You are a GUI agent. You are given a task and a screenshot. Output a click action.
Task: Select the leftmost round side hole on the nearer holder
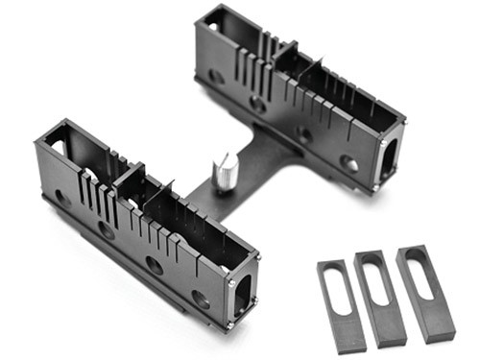click(61, 197)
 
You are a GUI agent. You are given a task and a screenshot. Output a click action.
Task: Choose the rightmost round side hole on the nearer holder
click(200, 299)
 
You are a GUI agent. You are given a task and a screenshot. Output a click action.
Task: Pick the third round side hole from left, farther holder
click(303, 134)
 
